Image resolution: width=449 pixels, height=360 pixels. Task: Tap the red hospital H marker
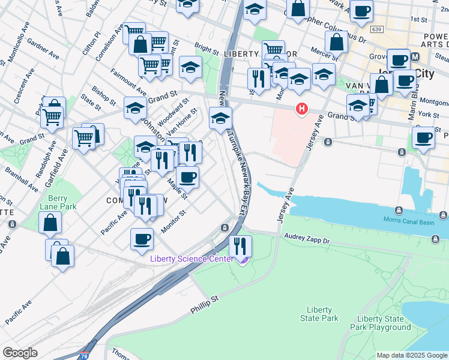point(301,109)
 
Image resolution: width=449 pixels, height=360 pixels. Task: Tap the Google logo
point(20,353)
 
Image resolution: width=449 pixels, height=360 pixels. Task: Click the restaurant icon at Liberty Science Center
point(240,245)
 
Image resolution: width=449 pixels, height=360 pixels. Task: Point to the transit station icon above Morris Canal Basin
point(399,211)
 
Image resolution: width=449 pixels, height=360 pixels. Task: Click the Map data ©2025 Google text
point(411,355)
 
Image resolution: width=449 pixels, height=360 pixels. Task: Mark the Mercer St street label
point(324,55)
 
